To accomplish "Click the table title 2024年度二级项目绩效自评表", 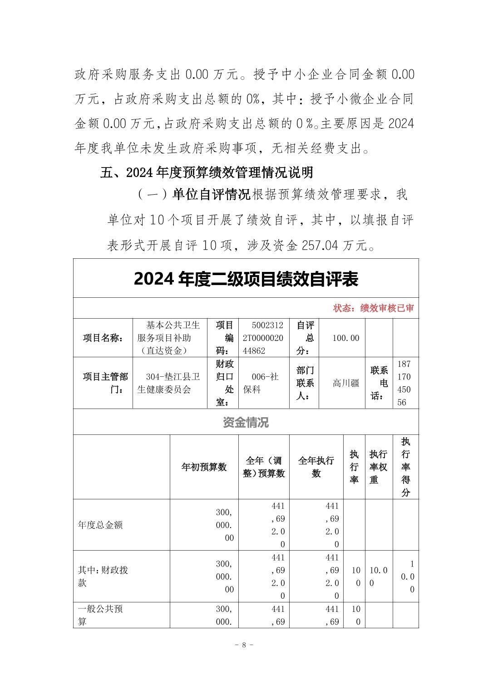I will [246, 279].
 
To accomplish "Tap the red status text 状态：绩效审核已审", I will [373, 308].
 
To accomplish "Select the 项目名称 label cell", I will [103, 338].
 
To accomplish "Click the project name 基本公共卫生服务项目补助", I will [169, 338].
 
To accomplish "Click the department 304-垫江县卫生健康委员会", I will [169, 383].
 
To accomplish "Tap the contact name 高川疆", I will [346, 383].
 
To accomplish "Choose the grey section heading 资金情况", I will [246, 422].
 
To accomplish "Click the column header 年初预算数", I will [204, 467].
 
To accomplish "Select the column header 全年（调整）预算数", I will [264, 467].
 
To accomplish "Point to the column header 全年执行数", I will [316, 467].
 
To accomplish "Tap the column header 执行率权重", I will [378, 467].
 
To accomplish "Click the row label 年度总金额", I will [100, 525].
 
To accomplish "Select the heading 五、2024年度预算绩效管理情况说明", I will [207, 173].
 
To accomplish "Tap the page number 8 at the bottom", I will [244, 645].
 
